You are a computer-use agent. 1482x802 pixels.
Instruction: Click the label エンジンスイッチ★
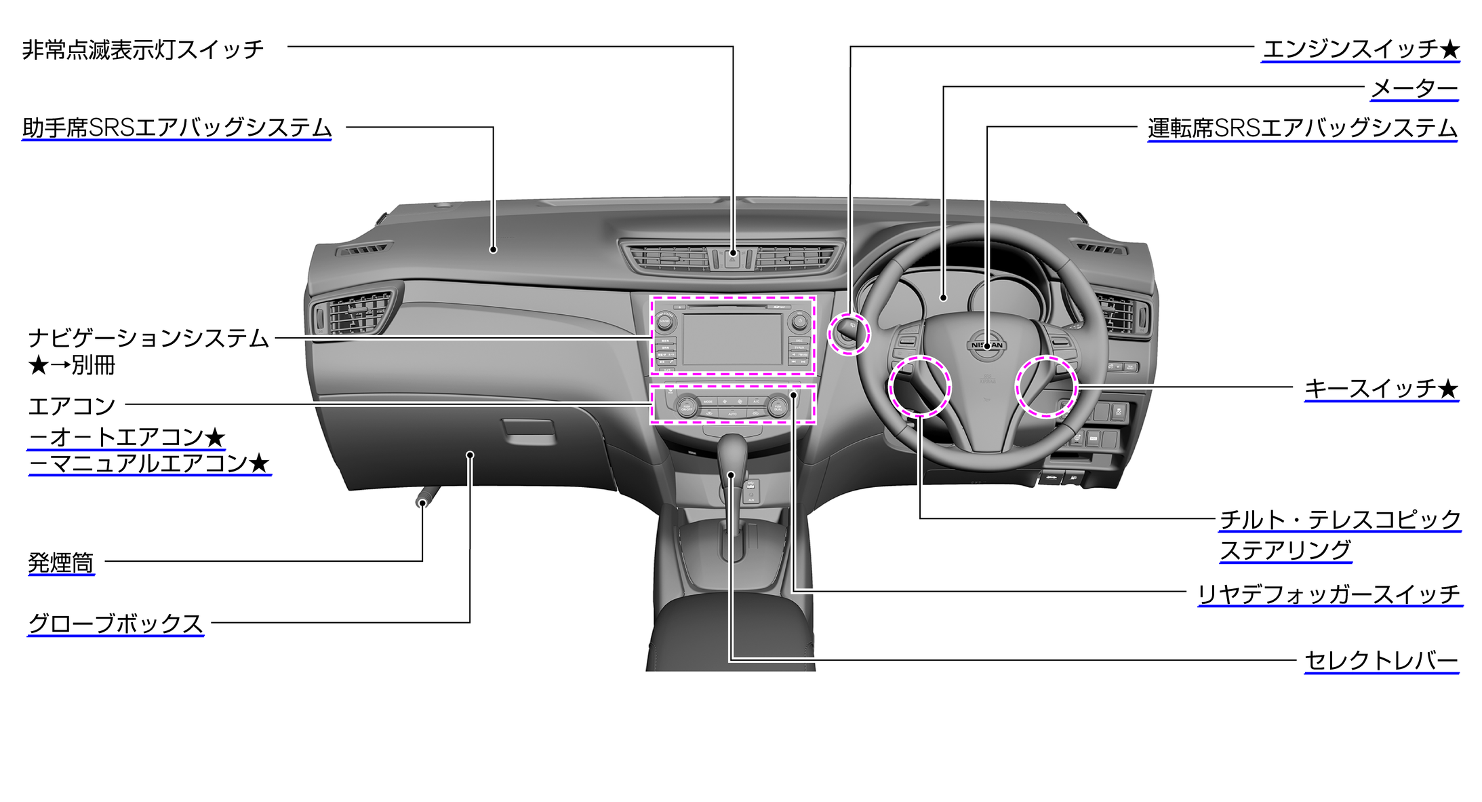1360,50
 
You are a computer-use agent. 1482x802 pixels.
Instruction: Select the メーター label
1414,89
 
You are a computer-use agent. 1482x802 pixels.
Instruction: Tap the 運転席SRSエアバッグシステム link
1302,128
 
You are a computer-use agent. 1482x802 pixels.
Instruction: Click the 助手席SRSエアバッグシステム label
177,128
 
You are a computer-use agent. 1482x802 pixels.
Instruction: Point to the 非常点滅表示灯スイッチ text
142,50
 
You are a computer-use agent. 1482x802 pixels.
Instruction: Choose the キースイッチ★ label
1381,389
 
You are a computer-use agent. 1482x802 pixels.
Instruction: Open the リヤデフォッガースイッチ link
1329,594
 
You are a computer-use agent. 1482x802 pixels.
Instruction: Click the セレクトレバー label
1381,660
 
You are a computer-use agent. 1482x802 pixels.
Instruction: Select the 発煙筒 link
61,563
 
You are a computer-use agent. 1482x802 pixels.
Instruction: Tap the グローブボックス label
115,624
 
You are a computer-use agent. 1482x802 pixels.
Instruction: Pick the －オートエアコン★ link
127,438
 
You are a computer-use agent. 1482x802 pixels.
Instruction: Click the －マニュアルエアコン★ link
149,464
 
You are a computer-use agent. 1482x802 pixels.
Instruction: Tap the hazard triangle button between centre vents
733,256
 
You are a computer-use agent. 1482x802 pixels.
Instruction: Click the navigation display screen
732,339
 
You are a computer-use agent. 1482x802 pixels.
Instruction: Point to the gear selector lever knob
732,451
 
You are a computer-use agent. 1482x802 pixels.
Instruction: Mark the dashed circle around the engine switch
848,334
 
